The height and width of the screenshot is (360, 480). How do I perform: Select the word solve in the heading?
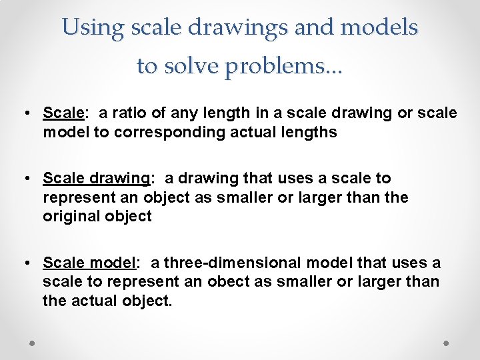tap(195, 66)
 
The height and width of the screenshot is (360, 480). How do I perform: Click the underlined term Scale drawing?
tap(97, 179)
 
